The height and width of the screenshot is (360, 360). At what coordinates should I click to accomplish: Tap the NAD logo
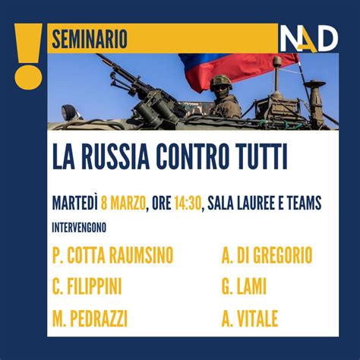(x=308, y=39)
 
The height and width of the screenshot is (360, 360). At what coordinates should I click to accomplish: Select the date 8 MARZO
(x=126, y=204)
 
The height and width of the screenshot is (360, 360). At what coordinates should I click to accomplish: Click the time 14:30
(x=187, y=204)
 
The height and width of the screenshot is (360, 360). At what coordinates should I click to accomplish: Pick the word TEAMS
(x=301, y=204)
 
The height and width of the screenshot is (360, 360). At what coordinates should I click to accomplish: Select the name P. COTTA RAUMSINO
(x=113, y=256)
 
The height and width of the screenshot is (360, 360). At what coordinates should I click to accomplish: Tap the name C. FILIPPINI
(x=87, y=287)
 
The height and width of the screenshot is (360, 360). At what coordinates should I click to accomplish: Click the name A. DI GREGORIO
(x=267, y=256)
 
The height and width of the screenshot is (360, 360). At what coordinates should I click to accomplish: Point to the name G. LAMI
(x=245, y=287)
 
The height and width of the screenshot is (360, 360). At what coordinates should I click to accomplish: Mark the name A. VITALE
(x=250, y=318)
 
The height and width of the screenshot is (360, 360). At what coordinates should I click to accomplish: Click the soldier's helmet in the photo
(x=220, y=81)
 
